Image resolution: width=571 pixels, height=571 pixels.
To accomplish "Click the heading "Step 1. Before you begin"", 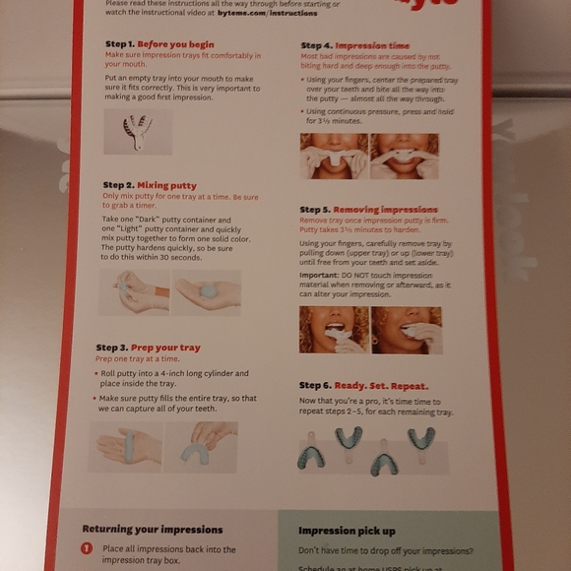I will pyautogui.click(x=159, y=44).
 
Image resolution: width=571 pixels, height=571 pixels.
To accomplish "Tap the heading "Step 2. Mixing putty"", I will pyautogui.click(x=150, y=185).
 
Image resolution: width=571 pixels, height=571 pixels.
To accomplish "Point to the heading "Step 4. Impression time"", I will pyautogui.click(x=355, y=46).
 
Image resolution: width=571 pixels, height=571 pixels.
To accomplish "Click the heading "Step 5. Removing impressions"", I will pyautogui.click(x=369, y=210).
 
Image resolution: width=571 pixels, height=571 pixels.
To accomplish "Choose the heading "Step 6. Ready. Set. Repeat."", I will pyautogui.click(x=366, y=385).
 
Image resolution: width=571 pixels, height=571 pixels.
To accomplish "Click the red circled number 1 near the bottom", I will pyautogui.click(x=87, y=549).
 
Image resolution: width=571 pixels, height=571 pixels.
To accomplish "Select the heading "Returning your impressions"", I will pyautogui.click(x=152, y=530).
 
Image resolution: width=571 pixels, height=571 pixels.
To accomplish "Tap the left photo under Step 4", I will pyautogui.click(x=333, y=156).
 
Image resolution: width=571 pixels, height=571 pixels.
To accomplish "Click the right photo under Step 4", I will pyautogui.click(x=404, y=156).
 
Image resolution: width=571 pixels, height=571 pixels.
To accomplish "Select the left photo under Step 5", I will pyautogui.click(x=334, y=330).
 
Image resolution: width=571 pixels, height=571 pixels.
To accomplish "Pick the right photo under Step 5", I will pyautogui.click(x=407, y=330).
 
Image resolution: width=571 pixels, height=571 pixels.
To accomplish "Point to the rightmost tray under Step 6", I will pyautogui.click(x=422, y=437).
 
